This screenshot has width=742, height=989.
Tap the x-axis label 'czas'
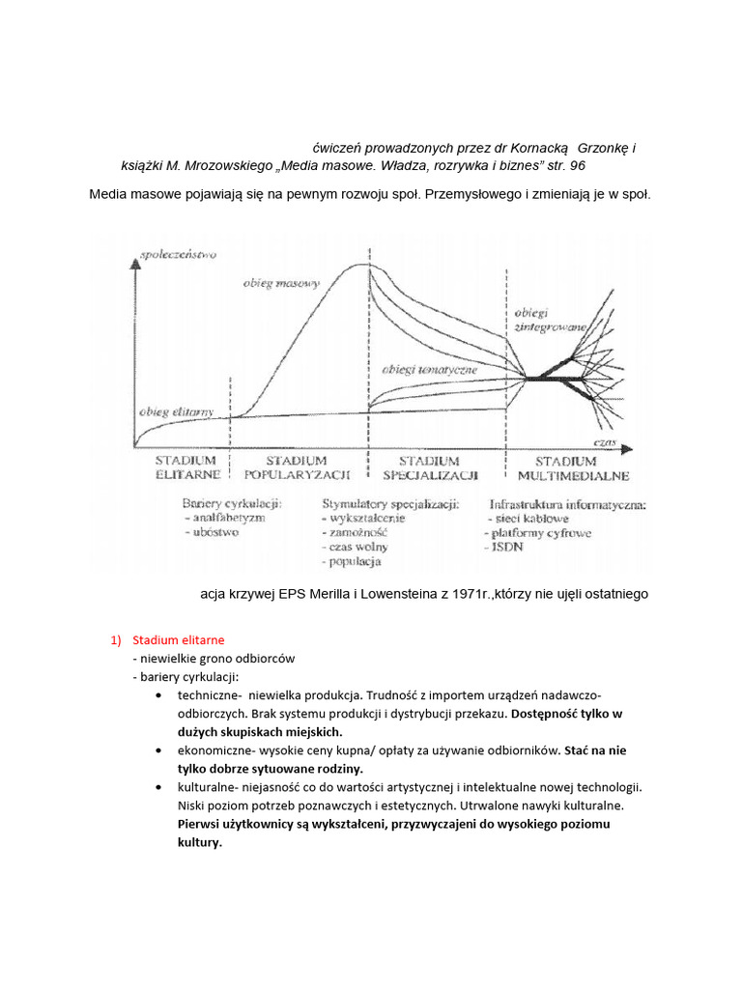tap(606, 438)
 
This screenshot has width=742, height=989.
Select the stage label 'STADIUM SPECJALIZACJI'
tap(431, 467)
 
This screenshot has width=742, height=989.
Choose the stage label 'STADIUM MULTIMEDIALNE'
tap(573, 467)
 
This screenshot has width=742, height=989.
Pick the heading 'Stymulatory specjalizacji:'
tap(390, 504)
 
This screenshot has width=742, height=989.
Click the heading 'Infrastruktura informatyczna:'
tap(568, 504)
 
